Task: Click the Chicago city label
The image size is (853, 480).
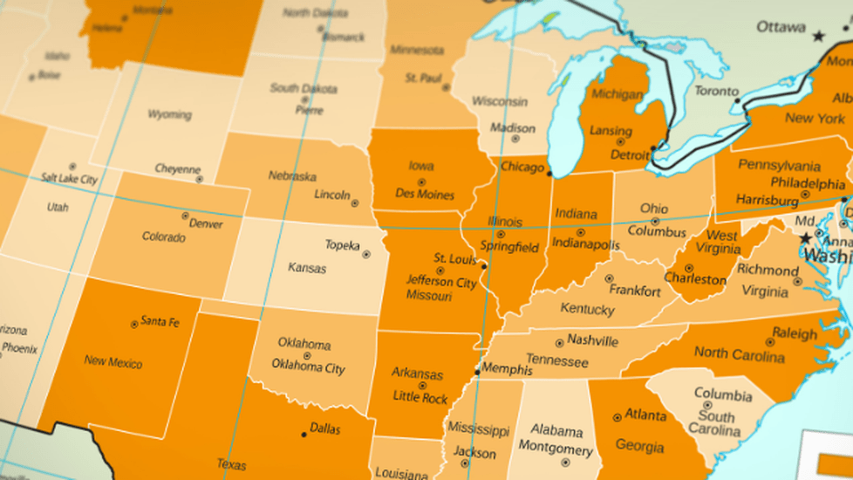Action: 522,165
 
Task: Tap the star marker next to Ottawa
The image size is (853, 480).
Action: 818,36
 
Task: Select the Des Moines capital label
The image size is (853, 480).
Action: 425,195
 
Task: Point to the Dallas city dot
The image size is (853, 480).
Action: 304,434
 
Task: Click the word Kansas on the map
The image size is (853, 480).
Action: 307,268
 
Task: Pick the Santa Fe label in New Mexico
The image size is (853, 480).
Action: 160,322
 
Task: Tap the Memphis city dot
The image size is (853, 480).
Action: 476,373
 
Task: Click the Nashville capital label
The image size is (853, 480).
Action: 592,340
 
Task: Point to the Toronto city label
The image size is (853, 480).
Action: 716,92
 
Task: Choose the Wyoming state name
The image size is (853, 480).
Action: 169,114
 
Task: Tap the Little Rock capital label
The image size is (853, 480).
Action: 420,398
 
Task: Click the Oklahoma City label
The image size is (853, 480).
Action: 308,367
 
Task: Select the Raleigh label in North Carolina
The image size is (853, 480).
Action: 795,334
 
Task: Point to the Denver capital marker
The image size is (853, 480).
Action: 185,216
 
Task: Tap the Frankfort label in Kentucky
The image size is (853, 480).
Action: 635,291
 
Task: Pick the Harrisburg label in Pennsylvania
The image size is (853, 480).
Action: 768,201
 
